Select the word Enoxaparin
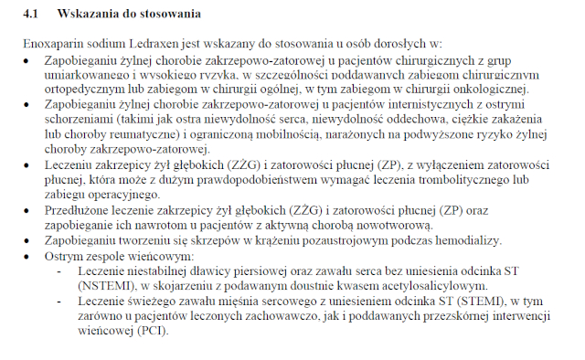point(51,43)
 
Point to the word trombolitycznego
point(457,180)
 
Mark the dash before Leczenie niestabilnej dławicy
point(61,272)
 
